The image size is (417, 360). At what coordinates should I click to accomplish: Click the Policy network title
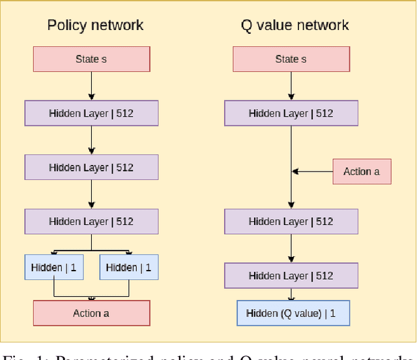click(95, 25)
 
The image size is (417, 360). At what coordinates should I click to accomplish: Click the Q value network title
click(295, 25)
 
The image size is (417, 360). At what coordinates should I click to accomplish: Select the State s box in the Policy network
click(91, 59)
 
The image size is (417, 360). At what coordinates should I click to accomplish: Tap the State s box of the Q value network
click(291, 59)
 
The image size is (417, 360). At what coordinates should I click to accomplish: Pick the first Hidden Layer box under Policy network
click(91, 113)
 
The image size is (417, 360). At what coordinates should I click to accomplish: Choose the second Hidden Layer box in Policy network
click(91, 168)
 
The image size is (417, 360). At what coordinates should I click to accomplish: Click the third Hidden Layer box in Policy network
click(91, 222)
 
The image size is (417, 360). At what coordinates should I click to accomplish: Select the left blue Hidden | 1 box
click(53, 267)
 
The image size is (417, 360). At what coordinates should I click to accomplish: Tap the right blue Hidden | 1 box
click(128, 267)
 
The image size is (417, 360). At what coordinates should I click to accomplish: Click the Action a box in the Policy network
click(91, 313)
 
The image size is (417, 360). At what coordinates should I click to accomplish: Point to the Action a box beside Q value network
click(362, 172)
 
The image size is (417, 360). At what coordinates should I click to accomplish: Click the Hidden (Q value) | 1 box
click(293, 313)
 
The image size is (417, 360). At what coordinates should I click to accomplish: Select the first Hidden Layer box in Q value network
click(291, 113)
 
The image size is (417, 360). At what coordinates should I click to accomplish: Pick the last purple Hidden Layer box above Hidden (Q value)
click(291, 276)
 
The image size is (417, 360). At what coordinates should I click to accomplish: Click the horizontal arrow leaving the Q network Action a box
click(313, 172)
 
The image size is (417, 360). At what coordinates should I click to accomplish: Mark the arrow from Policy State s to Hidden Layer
click(91, 86)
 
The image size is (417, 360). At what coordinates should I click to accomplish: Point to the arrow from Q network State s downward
click(291, 86)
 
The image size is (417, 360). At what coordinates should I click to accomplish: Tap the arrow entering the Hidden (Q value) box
click(291, 294)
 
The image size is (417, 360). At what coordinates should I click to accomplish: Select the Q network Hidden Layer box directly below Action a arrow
click(291, 222)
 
